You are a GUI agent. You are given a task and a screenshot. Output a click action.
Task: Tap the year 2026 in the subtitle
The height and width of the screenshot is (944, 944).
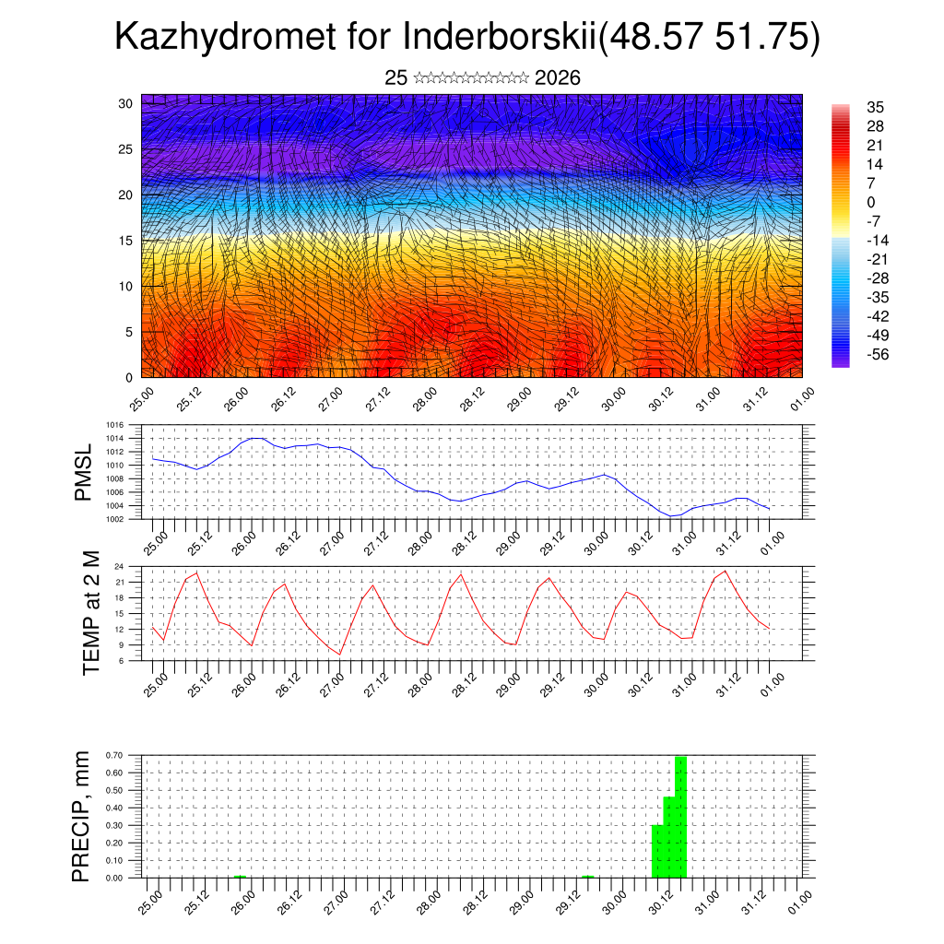(557, 78)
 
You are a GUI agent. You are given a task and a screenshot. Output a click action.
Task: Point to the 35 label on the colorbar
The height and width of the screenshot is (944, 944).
(876, 108)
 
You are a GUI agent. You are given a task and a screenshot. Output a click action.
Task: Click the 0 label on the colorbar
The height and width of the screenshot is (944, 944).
(871, 203)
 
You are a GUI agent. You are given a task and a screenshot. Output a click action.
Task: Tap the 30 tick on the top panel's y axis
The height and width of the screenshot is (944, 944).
(125, 103)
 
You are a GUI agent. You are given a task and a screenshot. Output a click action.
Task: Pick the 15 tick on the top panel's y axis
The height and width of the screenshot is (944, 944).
(125, 241)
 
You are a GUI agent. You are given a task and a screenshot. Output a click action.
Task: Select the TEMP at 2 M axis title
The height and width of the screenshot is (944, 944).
(90, 614)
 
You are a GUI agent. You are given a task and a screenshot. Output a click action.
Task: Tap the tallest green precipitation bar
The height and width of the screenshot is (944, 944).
(681, 817)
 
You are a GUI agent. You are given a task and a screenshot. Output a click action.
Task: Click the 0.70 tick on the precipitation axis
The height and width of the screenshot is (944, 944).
(114, 755)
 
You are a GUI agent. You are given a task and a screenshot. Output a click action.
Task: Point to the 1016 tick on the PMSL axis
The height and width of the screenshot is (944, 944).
(114, 426)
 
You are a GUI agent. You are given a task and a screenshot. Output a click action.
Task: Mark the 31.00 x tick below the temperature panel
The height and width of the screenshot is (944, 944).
(682, 681)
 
